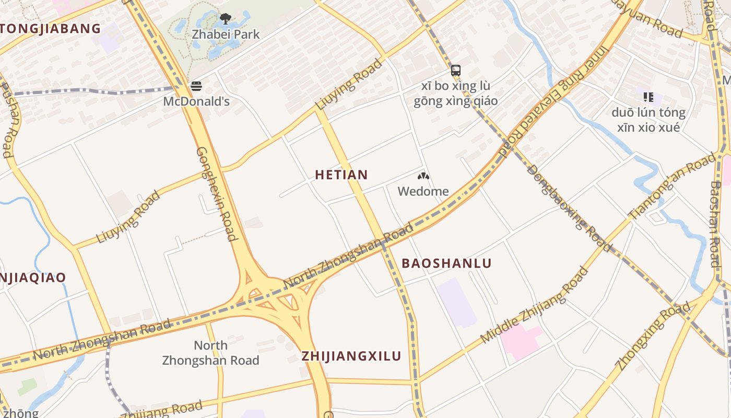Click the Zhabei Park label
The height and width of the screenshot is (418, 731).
(226, 34)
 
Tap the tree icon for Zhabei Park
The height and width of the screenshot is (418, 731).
(226, 19)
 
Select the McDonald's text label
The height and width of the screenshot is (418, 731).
(196, 101)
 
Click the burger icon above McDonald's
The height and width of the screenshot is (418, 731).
(196, 86)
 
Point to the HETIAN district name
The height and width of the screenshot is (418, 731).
(341, 175)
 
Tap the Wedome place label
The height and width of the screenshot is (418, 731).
(423, 191)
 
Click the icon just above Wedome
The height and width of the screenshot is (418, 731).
(423, 176)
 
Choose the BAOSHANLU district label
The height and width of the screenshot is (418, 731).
(446, 263)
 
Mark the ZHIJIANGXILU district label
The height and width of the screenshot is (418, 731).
(351, 356)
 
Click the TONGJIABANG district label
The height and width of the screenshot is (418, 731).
(50, 29)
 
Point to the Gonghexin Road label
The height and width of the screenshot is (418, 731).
(217, 193)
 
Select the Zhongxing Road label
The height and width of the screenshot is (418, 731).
(653, 336)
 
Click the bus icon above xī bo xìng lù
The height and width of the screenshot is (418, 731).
(456, 70)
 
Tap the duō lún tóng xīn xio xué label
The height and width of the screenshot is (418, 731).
(649, 120)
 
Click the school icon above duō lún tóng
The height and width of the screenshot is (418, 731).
(649, 97)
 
